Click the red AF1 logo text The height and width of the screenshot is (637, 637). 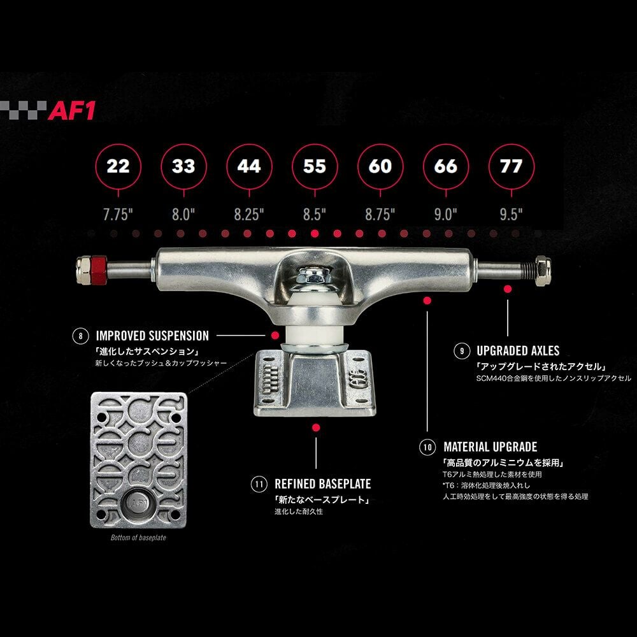tap(73, 110)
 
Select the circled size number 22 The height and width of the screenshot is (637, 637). tap(118, 166)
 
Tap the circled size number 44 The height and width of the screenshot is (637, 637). tap(249, 166)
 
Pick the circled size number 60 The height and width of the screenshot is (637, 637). tap(380, 166)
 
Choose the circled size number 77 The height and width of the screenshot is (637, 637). tap(511, 166)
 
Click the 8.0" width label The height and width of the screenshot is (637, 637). tap(183, 214)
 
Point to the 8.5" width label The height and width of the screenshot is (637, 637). tap(315, 214)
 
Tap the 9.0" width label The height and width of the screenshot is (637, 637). tap(446, 214)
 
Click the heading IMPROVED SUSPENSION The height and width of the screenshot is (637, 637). tap(152, 336)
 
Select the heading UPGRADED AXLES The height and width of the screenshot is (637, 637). tap(518, 350)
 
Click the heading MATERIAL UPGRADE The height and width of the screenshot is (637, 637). tap(490, 447)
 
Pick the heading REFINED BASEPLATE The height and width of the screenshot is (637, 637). tap(322, 484)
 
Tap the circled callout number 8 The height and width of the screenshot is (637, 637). tap(81, 336)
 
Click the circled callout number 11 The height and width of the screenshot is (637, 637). tap(259, 484)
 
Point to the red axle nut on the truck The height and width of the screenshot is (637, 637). tap(98, 271)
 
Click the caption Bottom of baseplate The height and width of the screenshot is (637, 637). tap(138, 538)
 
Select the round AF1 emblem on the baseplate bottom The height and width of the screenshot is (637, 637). tap(138, 503)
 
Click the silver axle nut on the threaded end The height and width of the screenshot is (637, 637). tap(543, 271)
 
